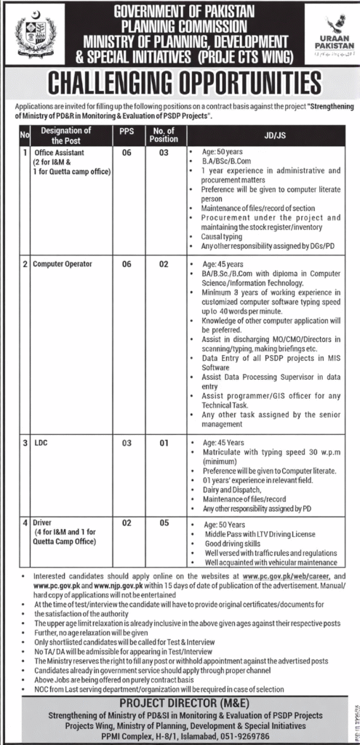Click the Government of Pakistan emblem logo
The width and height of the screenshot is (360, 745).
tap(36, 33)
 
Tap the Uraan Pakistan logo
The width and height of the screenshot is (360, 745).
tap(331, 34)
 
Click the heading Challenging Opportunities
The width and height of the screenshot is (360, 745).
tap(180, 82)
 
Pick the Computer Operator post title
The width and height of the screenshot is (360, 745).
tap(63, 265)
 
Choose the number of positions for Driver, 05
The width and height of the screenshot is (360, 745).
tap(164, 522)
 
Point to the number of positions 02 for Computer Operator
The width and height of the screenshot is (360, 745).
tap(164, 265)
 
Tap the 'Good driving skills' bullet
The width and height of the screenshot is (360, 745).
tap(233, 543)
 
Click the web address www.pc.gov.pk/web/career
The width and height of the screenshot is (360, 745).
tap(292, 576)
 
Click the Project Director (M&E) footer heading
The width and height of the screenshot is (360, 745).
tap(180, 704)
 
